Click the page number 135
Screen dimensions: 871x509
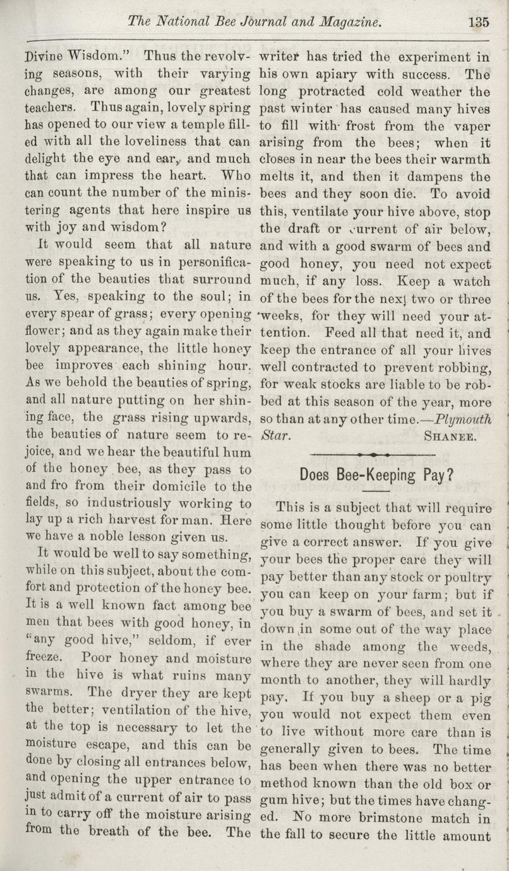479,22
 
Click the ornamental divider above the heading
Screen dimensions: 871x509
373,454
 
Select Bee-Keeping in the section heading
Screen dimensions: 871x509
372,475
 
